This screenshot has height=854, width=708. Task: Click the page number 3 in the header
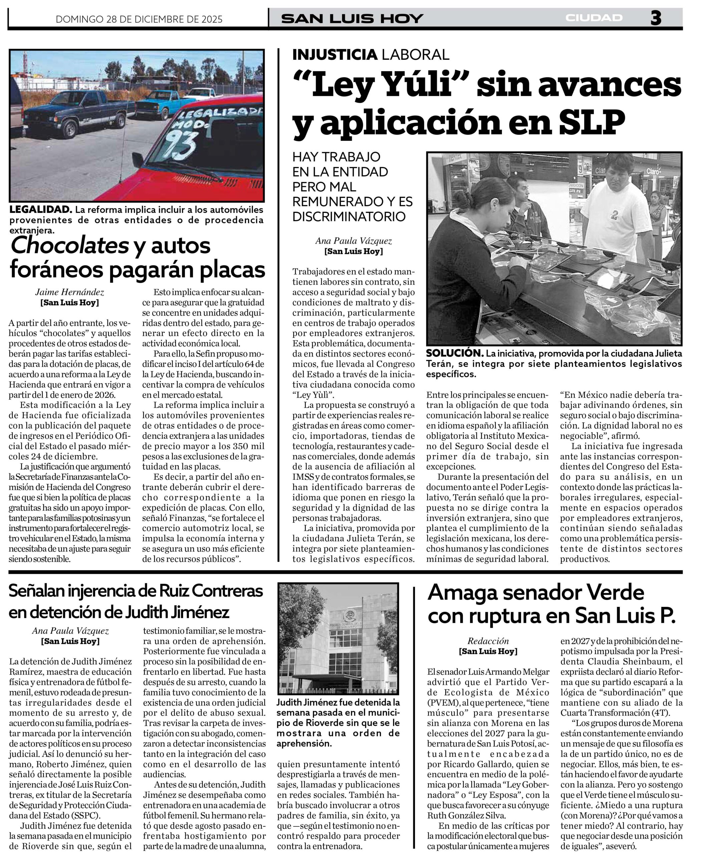click(x=656, y=18)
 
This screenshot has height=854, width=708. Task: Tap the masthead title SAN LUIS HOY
click(x=352, y=19)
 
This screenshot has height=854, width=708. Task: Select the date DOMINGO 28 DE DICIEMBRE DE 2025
click(x=139, y=19)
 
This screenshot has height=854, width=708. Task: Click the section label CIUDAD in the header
click(x=594, y=18)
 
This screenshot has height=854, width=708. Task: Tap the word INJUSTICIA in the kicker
click(x=334, y=54)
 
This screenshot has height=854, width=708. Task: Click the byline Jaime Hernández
click(x=69, y=292)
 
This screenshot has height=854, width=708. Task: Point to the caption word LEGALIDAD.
click(x=41, y=210)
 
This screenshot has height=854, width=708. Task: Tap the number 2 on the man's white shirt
click(x=614, y=214)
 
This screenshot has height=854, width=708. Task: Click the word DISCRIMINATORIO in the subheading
click(x=349, y=217)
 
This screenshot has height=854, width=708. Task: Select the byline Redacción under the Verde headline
click(x=488, y=641)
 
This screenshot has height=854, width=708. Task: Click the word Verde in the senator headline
click(x=614, y=592)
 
